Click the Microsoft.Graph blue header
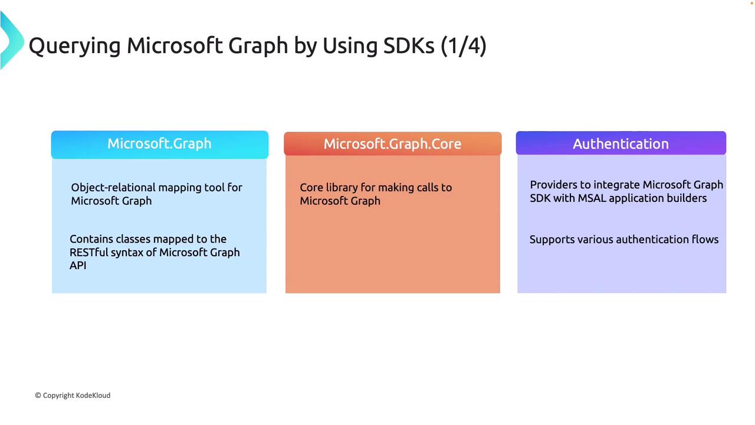tap(160, 145)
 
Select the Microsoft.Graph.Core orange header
tap(393, 143)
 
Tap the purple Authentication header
tap(621, 143)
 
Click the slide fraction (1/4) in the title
tap(464, 45)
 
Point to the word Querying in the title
tap(74, 47)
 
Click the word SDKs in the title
tap(409, 45)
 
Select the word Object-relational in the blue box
tap(113, 188)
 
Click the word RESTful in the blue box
tap(88, 252)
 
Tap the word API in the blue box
tap(78, 266)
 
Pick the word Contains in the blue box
tap(91, 239)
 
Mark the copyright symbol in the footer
tap(38, 395)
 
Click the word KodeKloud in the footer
tap(93, 395)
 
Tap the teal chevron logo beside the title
tap(12, 40)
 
